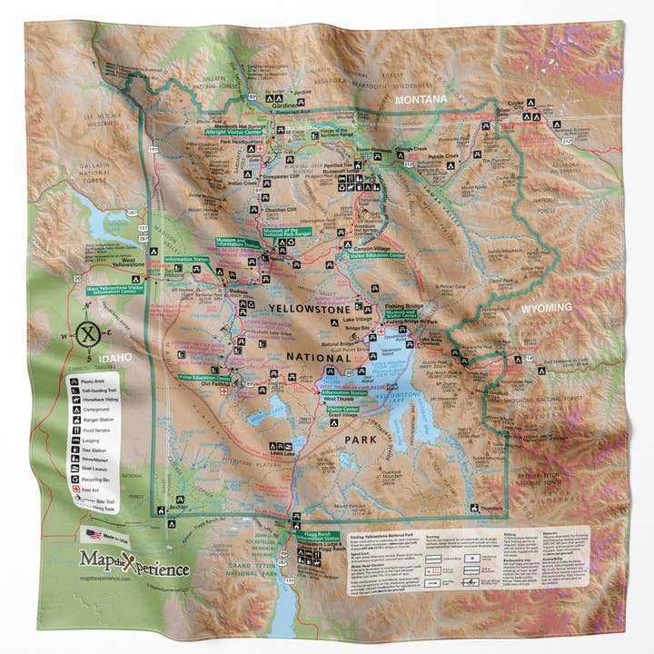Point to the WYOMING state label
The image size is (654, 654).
click(x=546, y=307)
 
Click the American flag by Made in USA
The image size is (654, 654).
click(x=93, y=534)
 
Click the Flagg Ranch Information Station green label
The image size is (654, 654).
click(x=320, y=536)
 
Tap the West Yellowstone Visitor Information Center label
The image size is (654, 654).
click(x=115, y=291)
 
